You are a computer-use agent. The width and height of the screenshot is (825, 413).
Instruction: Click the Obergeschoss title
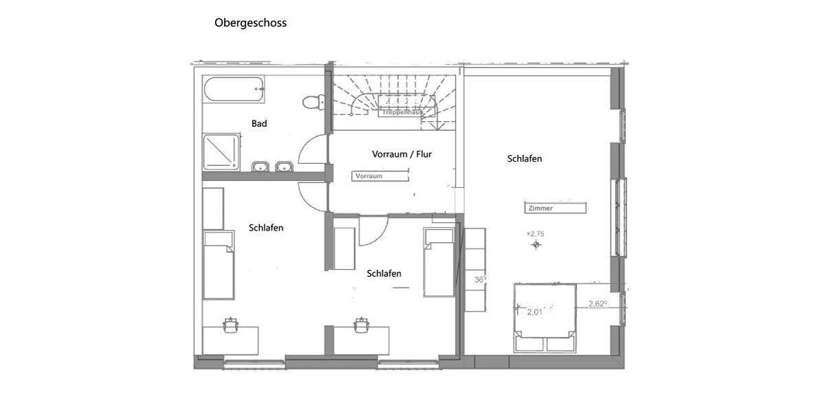(250, 23)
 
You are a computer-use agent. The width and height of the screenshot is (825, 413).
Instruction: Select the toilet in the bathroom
(313, 101)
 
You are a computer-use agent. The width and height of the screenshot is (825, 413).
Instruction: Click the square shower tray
(221, 153)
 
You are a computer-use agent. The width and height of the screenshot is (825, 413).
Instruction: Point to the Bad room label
(259, 124)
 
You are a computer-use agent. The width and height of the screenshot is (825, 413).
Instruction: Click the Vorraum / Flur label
(401, 154)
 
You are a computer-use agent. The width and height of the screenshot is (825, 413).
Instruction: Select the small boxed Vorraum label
(377, 176)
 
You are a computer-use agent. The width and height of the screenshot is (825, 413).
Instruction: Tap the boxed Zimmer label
(555, 208)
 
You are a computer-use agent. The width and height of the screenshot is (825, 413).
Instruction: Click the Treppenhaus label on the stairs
(402, 112)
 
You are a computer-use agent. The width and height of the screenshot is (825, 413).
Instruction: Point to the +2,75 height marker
(536, 235)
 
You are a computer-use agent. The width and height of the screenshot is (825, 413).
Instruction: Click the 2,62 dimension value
(597, 304)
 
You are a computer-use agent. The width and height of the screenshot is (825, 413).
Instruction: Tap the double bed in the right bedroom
(544, 318)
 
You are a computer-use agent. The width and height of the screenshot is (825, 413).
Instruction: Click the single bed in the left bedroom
(219, 265)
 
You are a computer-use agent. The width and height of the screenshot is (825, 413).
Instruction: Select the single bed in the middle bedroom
(439, 262)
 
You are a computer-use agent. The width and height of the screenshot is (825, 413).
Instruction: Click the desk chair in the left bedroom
(230, 323)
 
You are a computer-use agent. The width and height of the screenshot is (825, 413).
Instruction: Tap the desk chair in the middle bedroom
(361, 324)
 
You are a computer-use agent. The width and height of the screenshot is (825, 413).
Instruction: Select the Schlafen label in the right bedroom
(525, 158)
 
